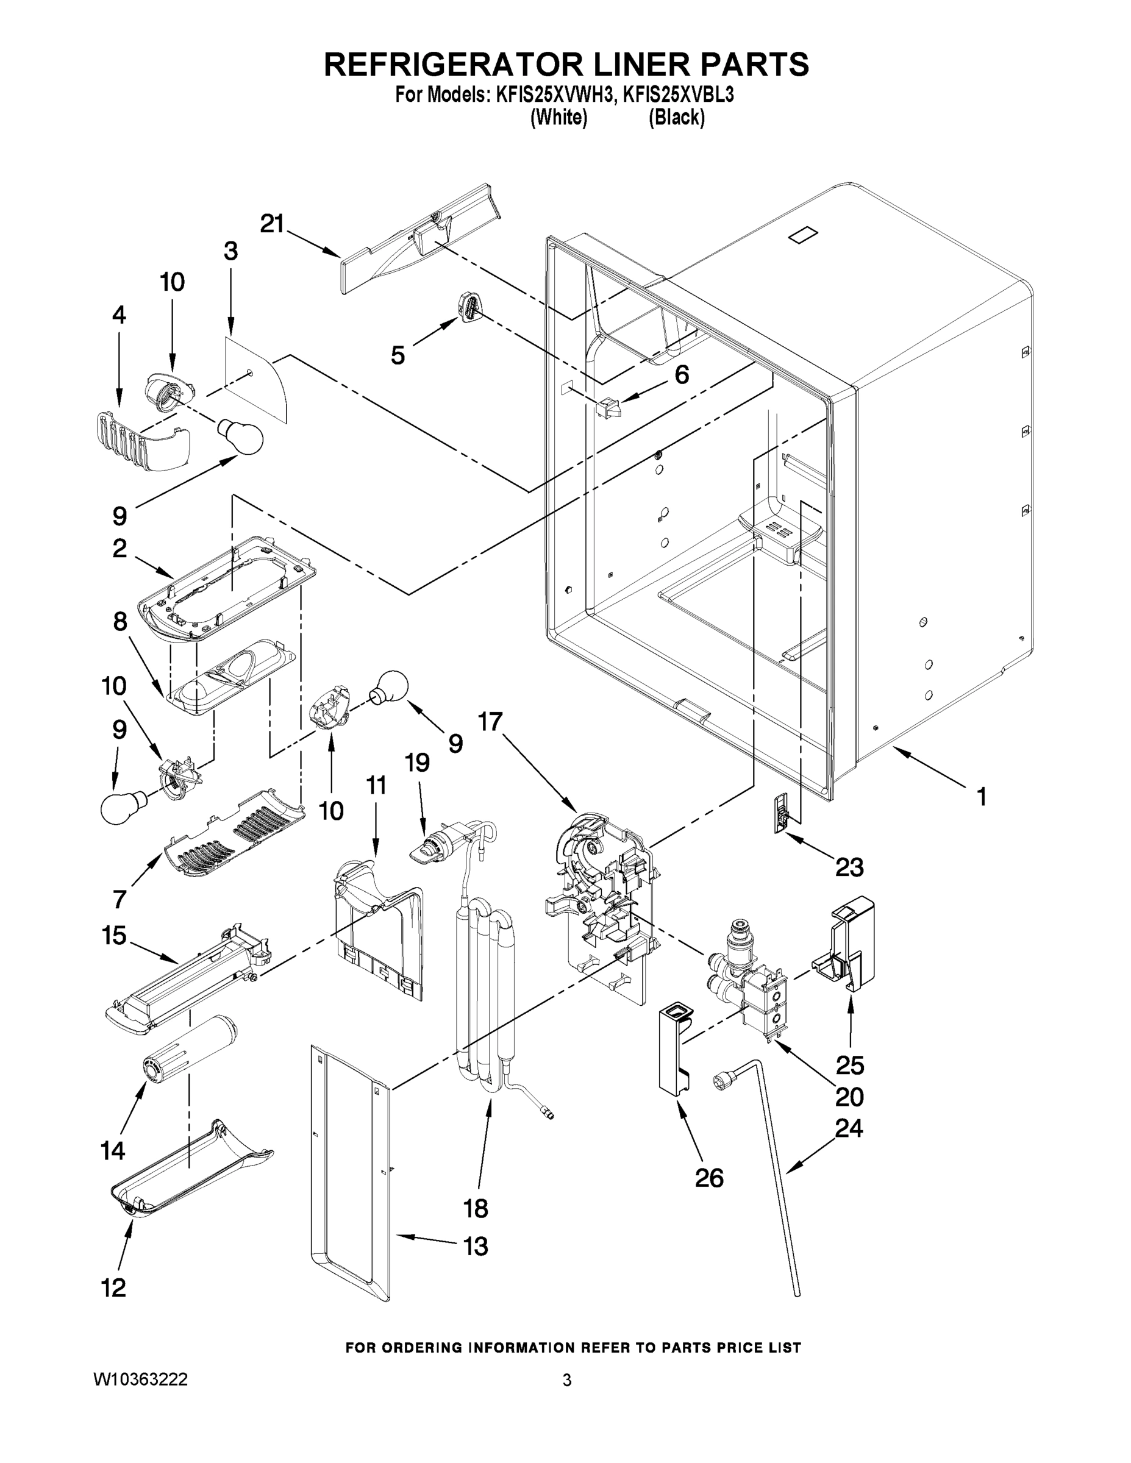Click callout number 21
click(x=272, y=224)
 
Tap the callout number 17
click(x=490, y=722)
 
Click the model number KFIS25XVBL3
click(x=678, y=95)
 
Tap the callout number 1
click(x=981, y=797)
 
